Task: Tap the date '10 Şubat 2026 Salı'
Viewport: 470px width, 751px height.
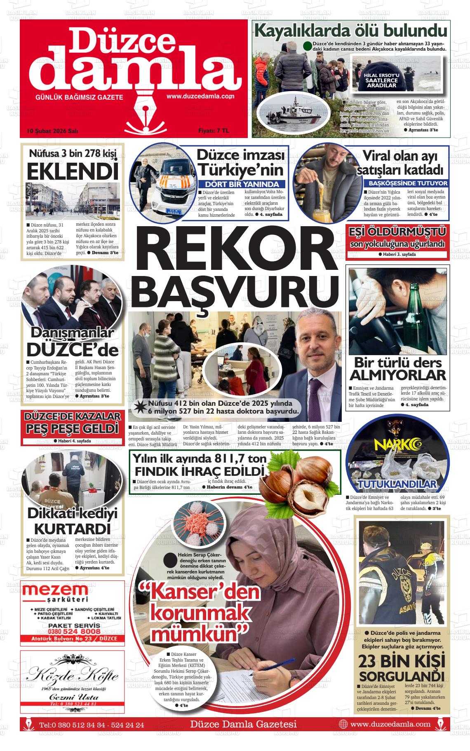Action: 52,131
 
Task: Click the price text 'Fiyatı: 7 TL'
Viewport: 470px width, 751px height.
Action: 213,131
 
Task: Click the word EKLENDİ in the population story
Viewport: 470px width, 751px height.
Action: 73,171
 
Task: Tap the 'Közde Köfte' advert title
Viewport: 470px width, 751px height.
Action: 73,676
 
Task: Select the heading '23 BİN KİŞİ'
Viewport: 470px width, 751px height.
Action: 401,662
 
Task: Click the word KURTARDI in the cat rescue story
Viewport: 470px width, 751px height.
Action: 72,529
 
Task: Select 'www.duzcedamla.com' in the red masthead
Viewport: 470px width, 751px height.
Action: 200,96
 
